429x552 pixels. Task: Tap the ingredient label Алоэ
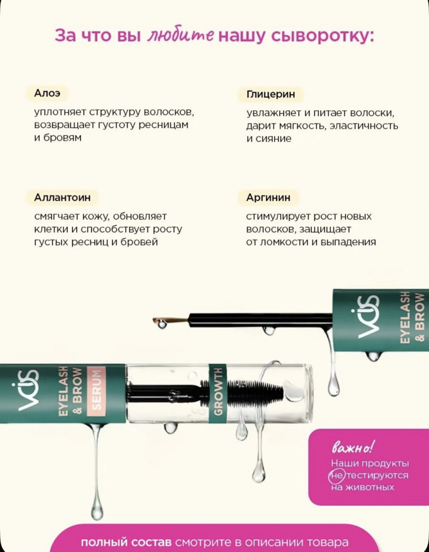(47, 93)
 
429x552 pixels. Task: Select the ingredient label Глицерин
(271, 94)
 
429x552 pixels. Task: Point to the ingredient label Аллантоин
(62, 197)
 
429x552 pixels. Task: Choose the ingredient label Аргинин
(268, 198)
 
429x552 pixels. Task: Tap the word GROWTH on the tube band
(219, 391)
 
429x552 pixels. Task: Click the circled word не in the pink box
(337, 475)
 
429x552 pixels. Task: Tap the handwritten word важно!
(352, 448)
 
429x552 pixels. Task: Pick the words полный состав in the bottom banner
(126, 542)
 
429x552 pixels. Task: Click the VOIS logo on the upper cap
(368, 316)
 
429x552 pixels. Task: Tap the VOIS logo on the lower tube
(28, 390)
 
